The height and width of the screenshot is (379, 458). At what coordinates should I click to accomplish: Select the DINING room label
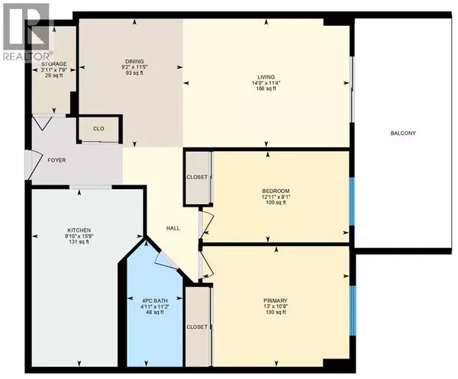134,62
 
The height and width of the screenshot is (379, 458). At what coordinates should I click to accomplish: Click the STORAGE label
54,64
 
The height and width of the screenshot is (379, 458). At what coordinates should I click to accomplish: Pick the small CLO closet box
98,129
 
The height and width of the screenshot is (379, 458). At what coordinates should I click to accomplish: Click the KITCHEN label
79,230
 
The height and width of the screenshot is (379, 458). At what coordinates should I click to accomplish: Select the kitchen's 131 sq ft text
79,243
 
